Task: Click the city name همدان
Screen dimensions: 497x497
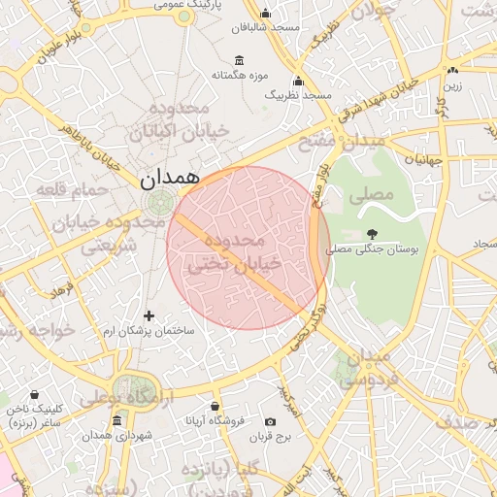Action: (x=169, y=178)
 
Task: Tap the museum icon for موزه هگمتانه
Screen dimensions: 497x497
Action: (x=240, y=59)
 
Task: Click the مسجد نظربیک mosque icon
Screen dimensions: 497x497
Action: (x=298, y=81)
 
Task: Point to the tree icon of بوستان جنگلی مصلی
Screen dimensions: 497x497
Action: (x=373, y=233)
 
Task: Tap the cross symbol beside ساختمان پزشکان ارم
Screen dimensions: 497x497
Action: (x=149, y=315)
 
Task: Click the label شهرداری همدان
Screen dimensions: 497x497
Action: (x=117, y=436)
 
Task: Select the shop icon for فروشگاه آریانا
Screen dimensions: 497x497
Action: (x=215, y=406)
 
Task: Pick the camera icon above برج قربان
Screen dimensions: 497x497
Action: (x=270, y=421)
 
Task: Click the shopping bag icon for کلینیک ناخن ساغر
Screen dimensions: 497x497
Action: (x=35, y=395)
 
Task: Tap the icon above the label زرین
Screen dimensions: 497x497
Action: (x=452, y=70)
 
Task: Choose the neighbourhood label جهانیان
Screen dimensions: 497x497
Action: (x=423, y=158)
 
